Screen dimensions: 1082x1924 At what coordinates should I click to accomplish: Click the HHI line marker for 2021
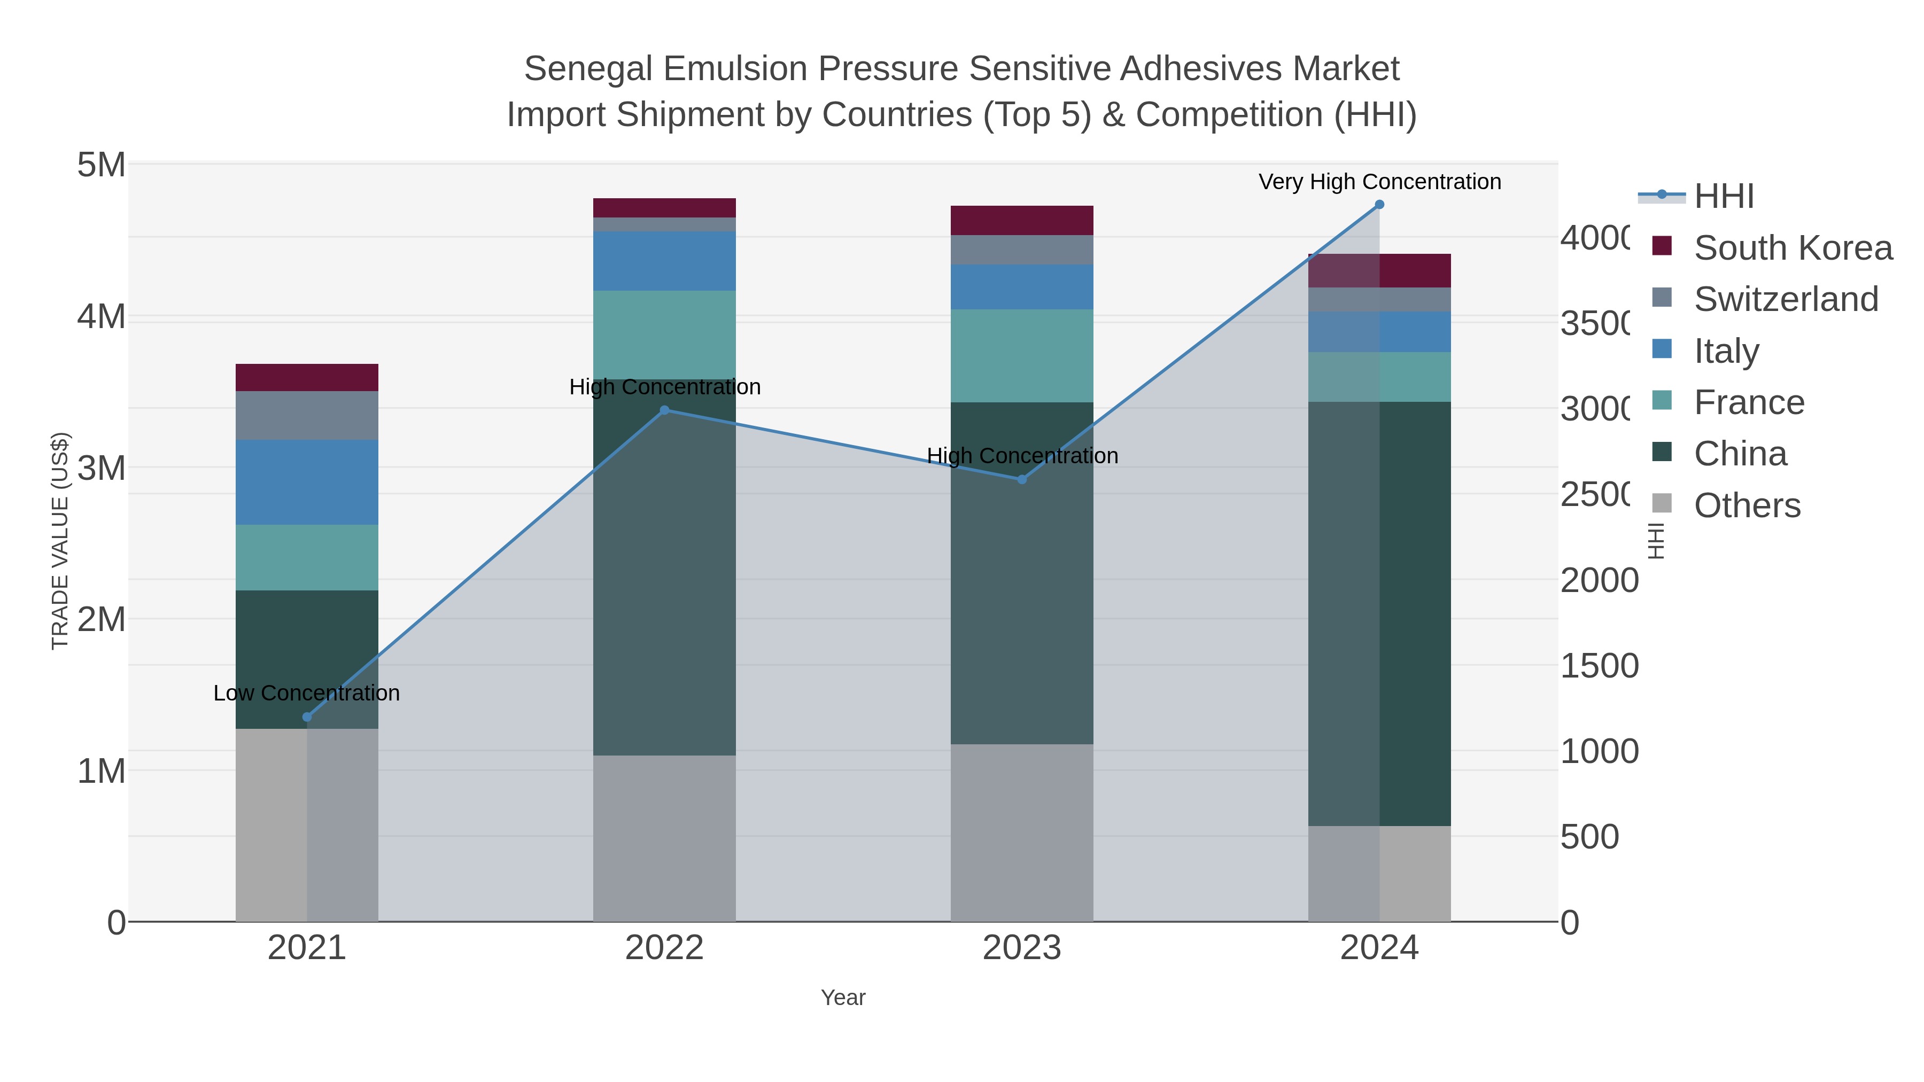307,717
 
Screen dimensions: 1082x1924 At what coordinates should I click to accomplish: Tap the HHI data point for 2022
665,410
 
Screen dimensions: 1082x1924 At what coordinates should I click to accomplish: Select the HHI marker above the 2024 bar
1379,205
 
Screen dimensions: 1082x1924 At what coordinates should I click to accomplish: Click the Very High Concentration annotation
1379,182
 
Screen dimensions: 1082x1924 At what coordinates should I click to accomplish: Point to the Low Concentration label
306,693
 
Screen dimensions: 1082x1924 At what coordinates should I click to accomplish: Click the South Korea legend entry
1793,248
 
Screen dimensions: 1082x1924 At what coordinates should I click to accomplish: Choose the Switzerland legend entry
1785,299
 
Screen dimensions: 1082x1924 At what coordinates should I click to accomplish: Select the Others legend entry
1746,505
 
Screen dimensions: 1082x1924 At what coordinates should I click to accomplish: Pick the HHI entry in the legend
1724,197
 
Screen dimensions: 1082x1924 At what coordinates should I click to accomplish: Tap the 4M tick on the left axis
102,317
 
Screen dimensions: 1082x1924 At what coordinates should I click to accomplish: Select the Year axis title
843,998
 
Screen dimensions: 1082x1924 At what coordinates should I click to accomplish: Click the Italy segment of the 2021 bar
307,482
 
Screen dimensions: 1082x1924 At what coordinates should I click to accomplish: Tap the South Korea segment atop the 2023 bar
1022,220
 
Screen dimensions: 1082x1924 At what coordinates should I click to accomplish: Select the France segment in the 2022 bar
665,334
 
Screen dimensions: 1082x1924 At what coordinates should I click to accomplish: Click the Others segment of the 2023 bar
1022,832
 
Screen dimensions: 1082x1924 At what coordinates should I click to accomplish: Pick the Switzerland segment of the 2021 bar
307,415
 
